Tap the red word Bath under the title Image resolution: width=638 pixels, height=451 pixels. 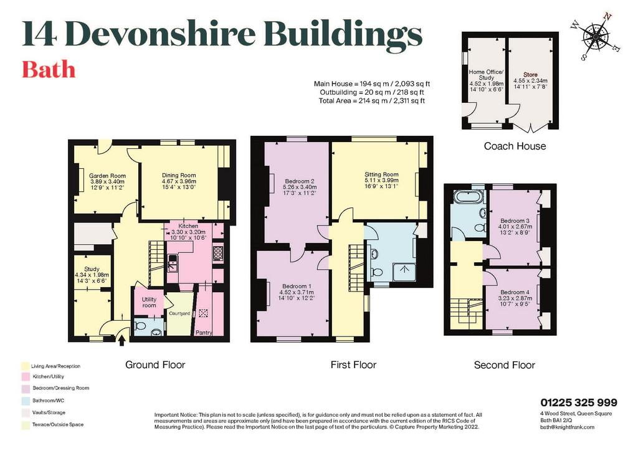(49, 70)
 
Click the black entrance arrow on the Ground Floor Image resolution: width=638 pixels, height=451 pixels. (121, 339)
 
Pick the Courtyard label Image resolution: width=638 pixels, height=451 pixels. (179, 313)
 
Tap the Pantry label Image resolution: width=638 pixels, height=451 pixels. (204, 333)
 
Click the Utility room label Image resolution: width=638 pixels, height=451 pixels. (149, 302)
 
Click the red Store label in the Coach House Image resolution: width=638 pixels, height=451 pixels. (530, 74)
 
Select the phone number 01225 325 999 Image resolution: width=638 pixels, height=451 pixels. (579, 402)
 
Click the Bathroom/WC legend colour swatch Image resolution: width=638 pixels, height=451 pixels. (26, 401)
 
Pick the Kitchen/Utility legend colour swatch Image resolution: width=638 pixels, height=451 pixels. (26, 377)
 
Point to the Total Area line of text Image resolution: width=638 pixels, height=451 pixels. (371, 101)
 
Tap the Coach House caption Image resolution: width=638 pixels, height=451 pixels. (515, 146)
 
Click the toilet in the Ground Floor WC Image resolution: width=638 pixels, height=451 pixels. (140, 326)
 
